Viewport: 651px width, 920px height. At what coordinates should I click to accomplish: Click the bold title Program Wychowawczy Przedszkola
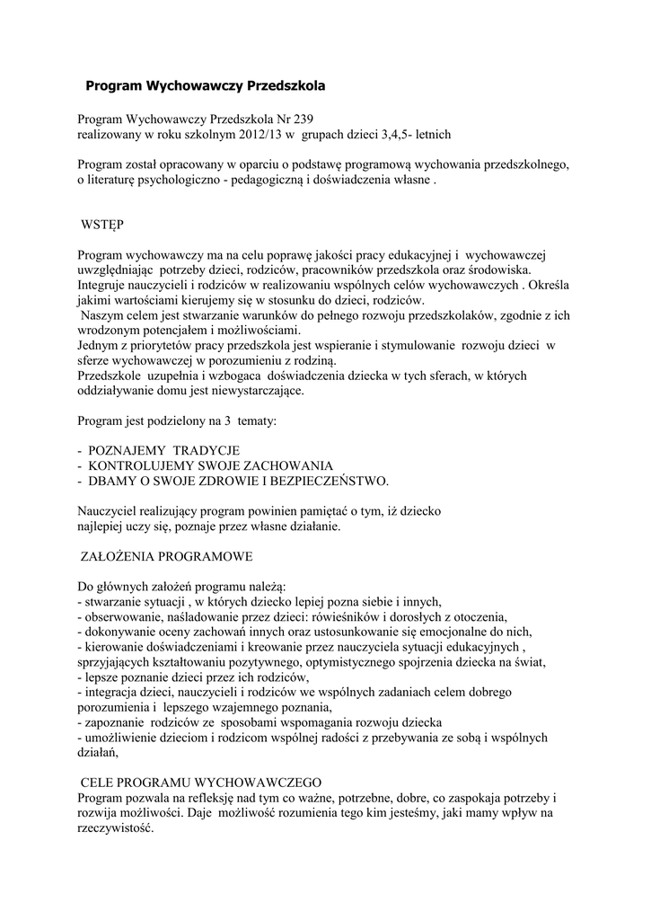tap(204, 87)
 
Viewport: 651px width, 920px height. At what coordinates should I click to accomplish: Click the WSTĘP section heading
tap(102, 222)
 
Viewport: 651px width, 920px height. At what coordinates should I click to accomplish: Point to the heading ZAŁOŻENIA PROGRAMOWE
tap(168, 556)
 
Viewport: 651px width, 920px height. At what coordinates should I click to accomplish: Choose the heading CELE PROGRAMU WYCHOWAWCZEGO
tap(202, 783)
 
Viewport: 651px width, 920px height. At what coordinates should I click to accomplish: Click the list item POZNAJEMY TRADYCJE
tap(164, 450)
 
